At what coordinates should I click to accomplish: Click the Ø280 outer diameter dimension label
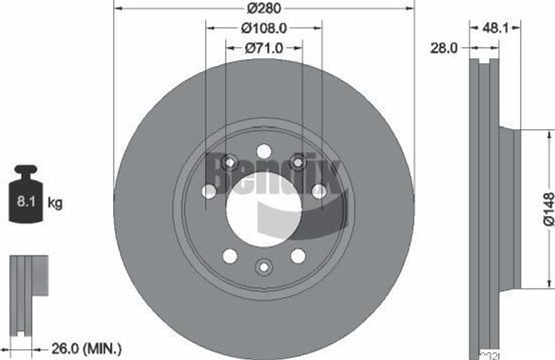coord(263,9)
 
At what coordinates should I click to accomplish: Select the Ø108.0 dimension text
coord(264,27)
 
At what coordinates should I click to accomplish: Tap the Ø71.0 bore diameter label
coord(264,48)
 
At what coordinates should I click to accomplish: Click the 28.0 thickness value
coord(444,48)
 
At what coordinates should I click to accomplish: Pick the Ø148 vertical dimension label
coord(548,208)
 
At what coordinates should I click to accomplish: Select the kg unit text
coord(55,203)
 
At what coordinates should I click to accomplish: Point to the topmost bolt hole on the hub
coord(264,151)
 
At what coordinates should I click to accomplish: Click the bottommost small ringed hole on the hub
coord(264,267)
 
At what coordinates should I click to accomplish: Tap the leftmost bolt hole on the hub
coord(209,191)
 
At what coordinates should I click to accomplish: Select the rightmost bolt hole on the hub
coord(319,191)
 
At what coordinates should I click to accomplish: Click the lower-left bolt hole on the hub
coord(230,256)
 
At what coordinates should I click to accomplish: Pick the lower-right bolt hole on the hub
coord(298,256)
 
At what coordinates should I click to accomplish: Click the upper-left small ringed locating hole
coord(230,162)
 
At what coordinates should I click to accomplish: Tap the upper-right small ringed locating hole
coord(298,162)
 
